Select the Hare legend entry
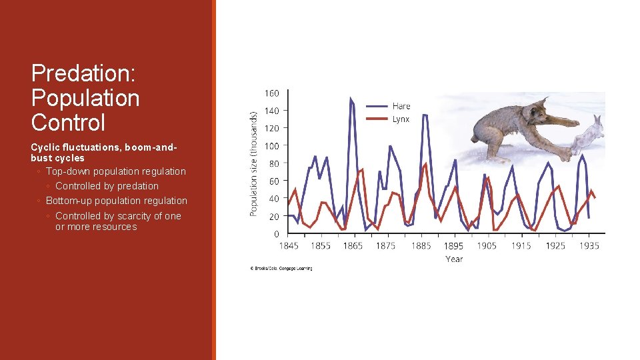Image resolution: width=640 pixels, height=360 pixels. click(x=401, y=106)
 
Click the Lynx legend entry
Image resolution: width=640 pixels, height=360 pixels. click(x=401, y=119)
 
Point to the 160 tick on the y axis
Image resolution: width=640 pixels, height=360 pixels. click(x=272, y=93)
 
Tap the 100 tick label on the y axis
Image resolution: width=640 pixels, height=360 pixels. click(x=272, y=146)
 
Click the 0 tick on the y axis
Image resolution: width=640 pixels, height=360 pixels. click(x=277, y=234)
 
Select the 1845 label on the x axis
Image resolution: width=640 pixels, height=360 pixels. click(x=289, y=246)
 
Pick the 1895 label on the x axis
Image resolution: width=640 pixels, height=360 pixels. click(x=453, y=246)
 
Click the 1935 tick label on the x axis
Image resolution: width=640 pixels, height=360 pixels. click(x=589, y=246)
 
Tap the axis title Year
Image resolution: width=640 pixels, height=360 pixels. click(x=454, y=259)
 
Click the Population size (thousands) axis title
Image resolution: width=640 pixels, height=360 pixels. click(x=253, y=163)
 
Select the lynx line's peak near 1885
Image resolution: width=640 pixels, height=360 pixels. click(x=425, y=163)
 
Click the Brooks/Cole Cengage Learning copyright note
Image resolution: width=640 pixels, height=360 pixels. click(x=281, y=269)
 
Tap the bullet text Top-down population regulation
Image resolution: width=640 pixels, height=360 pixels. click(x=115, y=171)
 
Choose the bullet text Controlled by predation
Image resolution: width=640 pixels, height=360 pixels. click(x=107, y=186)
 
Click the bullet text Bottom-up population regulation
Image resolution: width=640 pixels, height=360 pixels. click(x=116, y=201)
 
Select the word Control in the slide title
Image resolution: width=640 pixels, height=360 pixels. click(x=68, y=123)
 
